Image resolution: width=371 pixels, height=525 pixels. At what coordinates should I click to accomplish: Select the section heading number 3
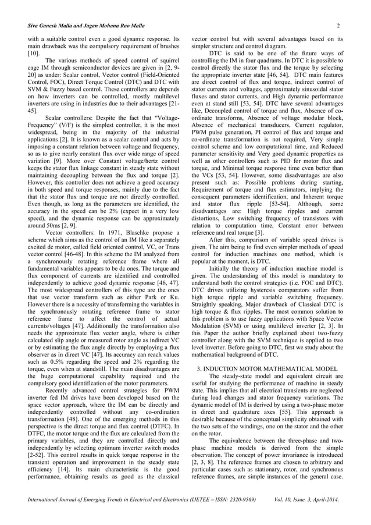pos(199,353)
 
